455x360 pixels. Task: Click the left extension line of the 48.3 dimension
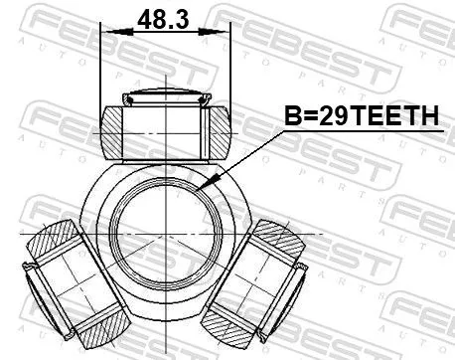102,70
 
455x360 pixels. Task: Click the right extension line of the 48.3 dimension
228,70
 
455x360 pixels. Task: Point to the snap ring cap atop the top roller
165,97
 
